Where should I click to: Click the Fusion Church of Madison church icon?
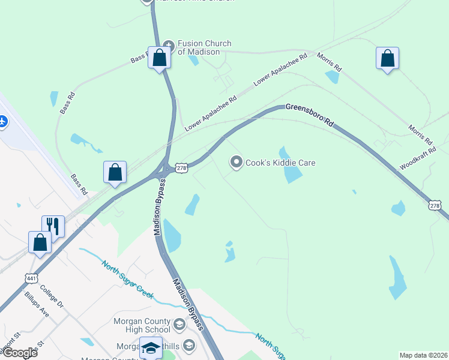(x=169, y=44)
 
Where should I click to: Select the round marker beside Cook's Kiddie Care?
(x=237, y=162)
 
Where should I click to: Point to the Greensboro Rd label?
(x=309, y=114)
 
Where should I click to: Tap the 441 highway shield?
(x=31, y=278)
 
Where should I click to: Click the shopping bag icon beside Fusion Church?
(x=159, y=58)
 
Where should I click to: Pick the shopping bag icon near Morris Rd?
(x=387, y=58)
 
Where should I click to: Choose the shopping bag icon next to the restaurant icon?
(x=40, y=242)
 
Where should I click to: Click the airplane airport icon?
(x=2, y=121)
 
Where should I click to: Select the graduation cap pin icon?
(x=151, y=347)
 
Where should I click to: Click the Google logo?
(x=19, y=353)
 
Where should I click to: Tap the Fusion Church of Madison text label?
(x=204, y=47)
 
